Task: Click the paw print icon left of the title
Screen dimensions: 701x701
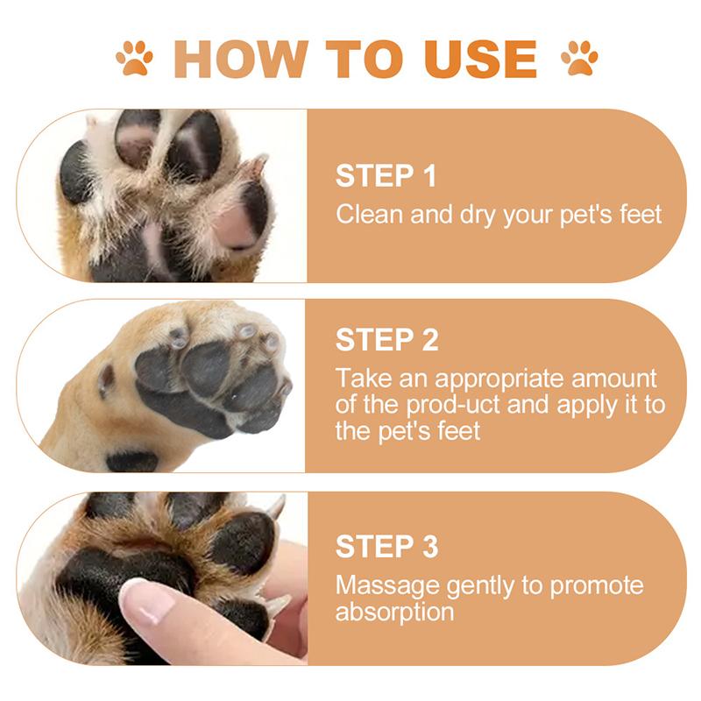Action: tap(134, 58)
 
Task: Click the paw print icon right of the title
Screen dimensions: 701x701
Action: tap(579, 58)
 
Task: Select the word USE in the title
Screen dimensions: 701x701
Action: tap(480, 59)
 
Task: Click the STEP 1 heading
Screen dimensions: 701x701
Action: tap(386, 176)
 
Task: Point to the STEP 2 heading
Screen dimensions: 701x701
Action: tap(387, 340)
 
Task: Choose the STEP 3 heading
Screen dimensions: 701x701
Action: tap(387, 546)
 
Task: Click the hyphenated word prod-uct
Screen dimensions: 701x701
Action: tap(453, 406)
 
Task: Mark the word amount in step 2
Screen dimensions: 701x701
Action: tap(614, 379)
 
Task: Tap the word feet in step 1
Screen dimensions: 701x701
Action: tap(641, 214)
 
